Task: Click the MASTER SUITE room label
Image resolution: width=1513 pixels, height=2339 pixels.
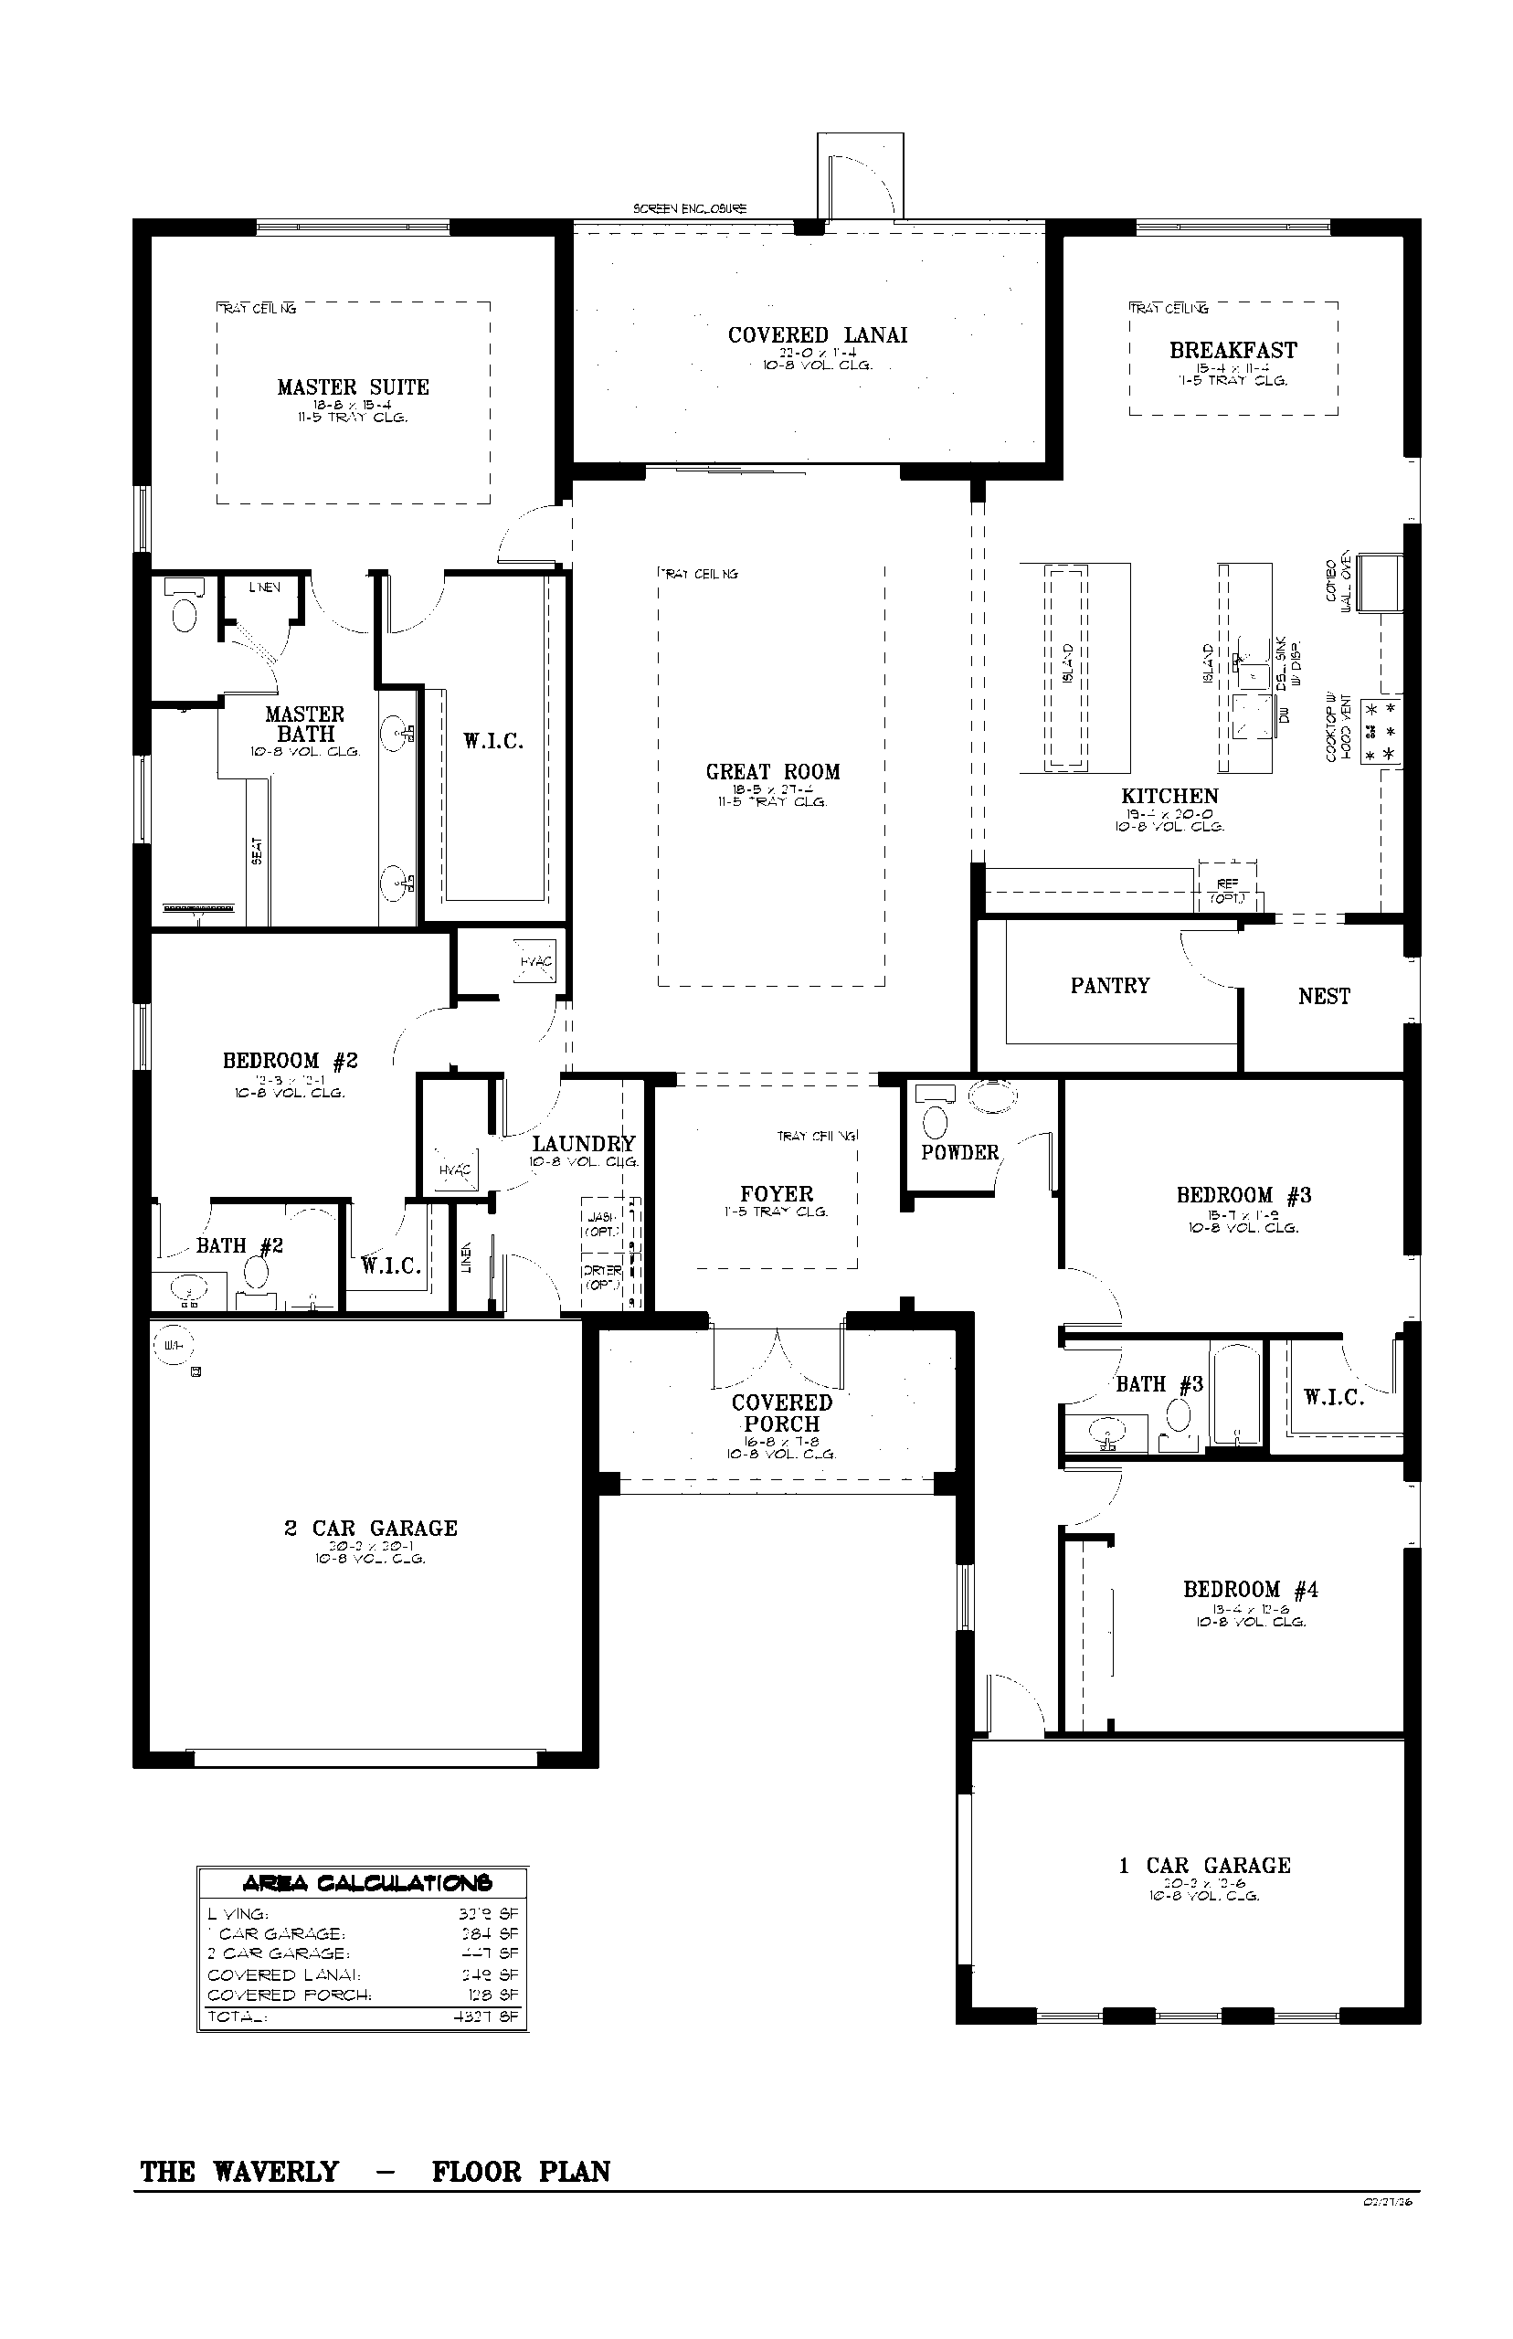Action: (353, 387)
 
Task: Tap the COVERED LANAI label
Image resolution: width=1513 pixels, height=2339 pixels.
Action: (818, 335)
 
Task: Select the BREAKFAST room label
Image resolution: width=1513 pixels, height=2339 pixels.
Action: (1233, 351)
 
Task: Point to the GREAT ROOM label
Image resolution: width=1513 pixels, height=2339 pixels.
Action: (772, 772)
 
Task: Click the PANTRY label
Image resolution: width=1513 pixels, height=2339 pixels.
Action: (1110, 985)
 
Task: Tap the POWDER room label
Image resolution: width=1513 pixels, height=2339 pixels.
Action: (959, 1152)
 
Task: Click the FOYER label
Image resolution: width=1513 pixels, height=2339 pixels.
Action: (777, 1194)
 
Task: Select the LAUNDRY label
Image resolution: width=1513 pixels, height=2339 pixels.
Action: (584, 1144)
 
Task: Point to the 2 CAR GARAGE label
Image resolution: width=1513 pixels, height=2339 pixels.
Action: (370, 1529)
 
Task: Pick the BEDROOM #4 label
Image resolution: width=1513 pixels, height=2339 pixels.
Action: (1250, 1590)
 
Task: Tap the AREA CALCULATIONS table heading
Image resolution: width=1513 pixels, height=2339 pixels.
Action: (366, 1883)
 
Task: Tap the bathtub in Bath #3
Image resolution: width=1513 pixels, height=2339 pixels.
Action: (1237, 1397)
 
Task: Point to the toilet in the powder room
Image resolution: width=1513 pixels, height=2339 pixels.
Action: (937, 1121)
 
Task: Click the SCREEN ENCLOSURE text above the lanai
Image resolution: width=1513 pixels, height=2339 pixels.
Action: (690, 208)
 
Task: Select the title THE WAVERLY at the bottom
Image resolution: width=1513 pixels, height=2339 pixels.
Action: (239, 2172)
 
